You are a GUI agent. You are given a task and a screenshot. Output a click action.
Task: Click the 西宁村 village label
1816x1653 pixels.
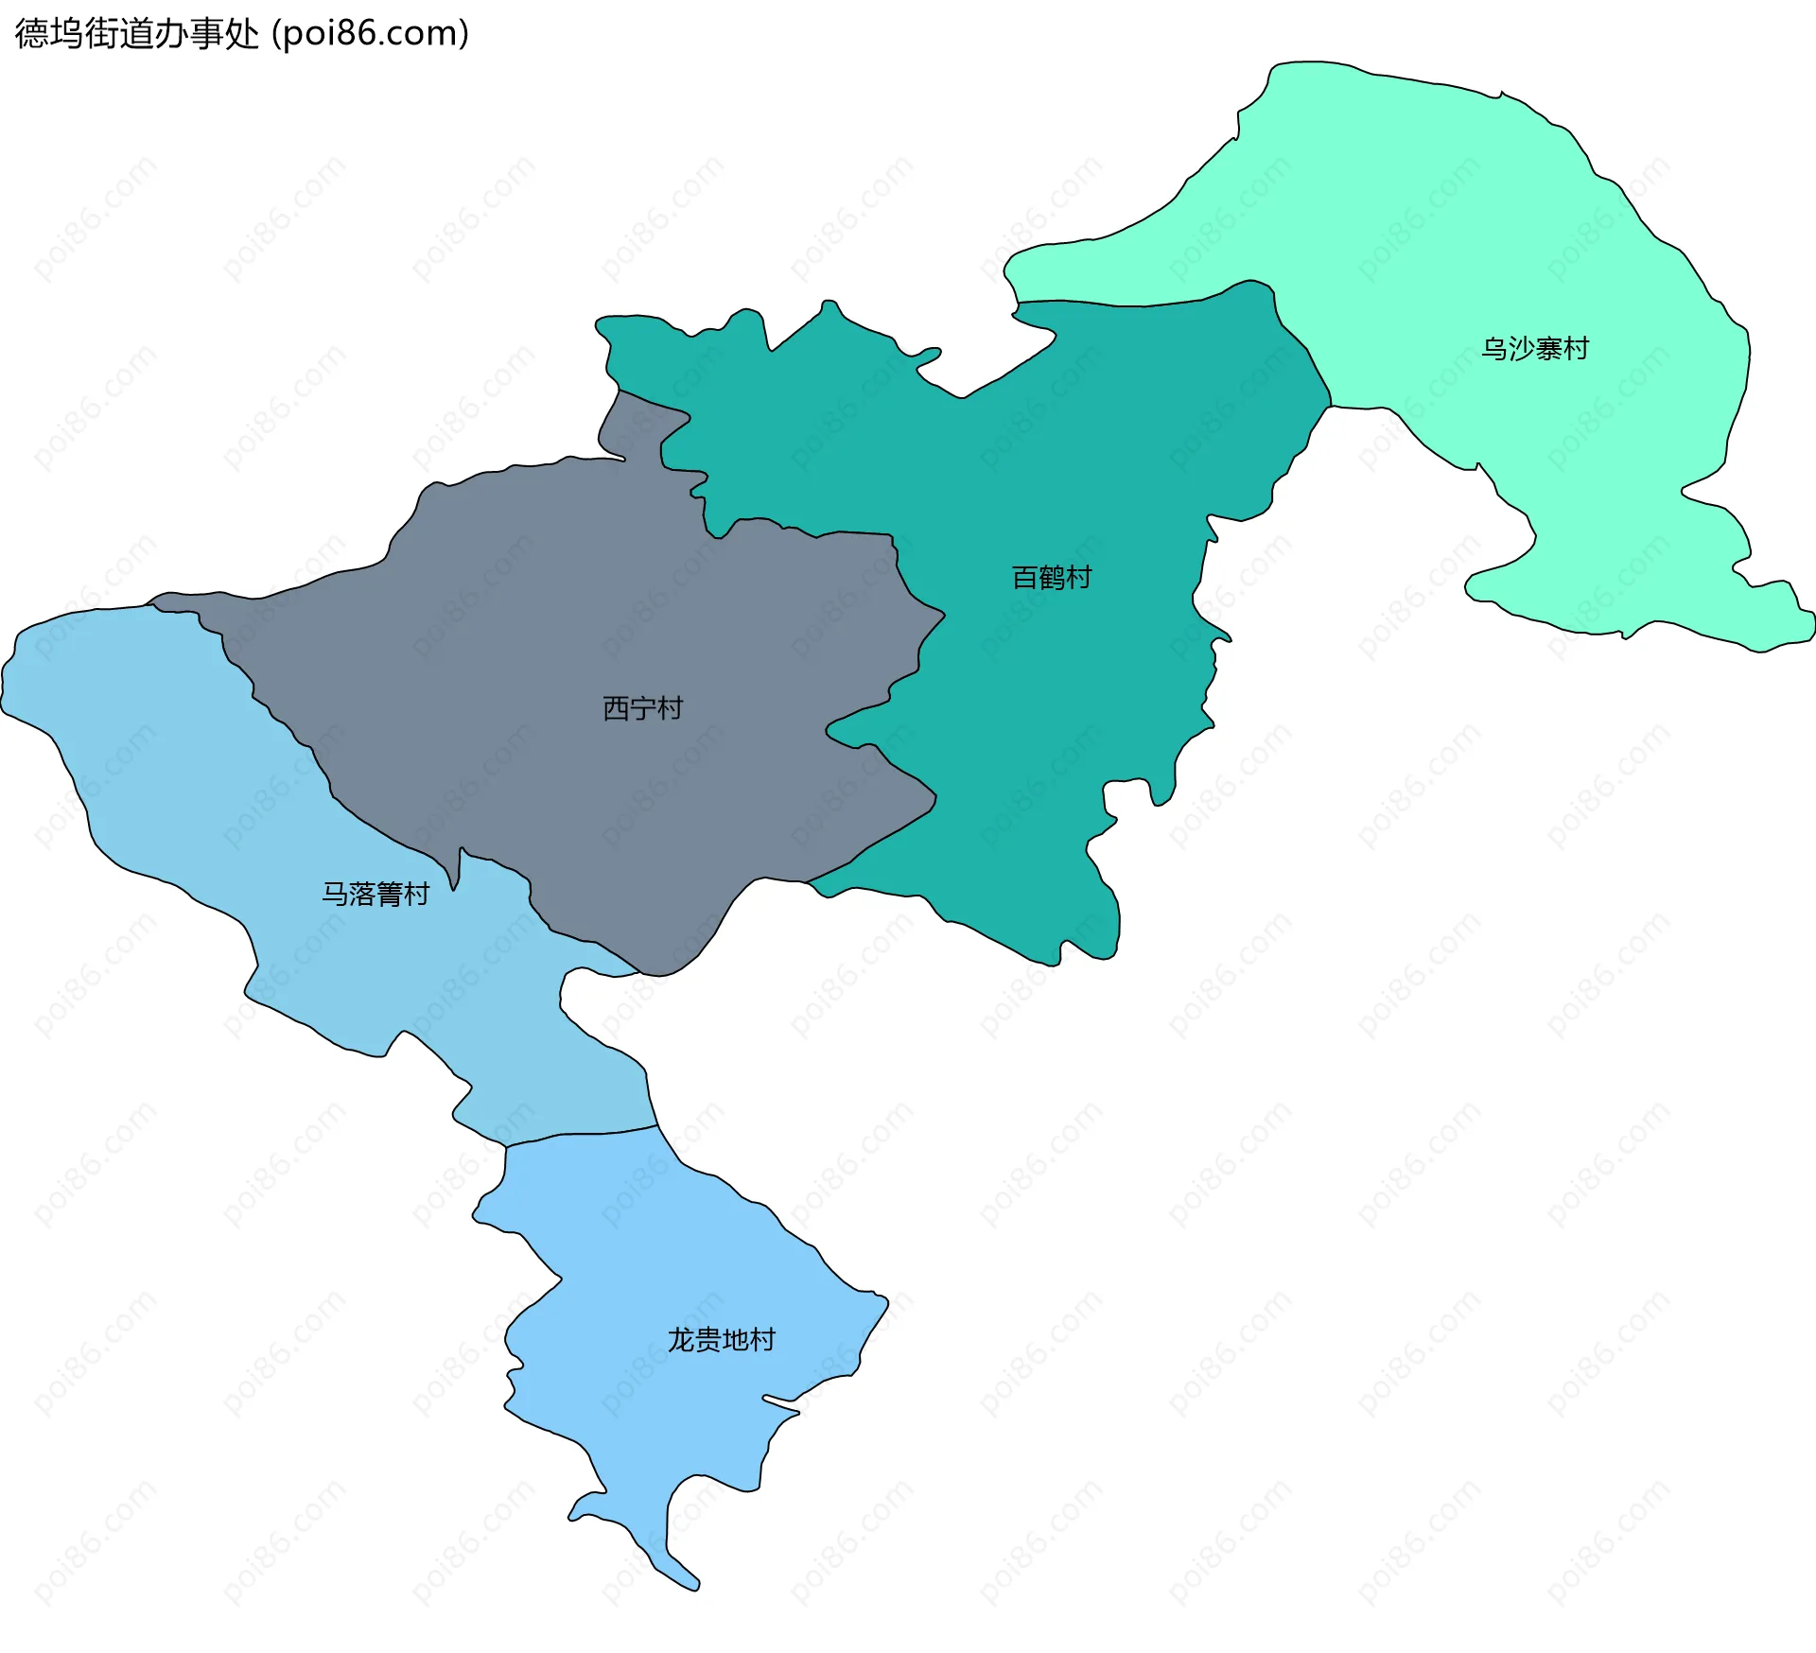(x=642, y=708)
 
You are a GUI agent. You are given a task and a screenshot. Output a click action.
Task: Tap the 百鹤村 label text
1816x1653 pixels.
(x=1052, y=577)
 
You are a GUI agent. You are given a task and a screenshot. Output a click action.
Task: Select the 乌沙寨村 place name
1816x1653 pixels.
(x=1534, y=349)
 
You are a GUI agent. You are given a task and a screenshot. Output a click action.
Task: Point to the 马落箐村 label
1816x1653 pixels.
(x=375, y=894)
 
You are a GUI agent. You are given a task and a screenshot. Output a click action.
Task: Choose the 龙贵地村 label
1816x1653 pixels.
(x=721, y=1340)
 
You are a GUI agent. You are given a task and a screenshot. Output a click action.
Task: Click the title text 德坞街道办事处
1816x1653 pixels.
(x=136, y=34)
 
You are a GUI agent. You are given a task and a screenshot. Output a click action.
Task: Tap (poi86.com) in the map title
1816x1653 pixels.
(x=371, y=34)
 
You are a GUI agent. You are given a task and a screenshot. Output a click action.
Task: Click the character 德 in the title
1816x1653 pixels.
(x=31, y=34)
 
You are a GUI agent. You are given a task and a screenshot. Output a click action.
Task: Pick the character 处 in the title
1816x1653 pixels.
(x=242, y=34)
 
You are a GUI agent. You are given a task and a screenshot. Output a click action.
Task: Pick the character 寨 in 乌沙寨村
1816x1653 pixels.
(x=1548, y=349)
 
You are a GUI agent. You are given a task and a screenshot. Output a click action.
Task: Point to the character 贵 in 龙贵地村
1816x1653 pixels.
(x=707, y=1340)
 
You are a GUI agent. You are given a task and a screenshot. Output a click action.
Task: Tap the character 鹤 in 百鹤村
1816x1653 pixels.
(x=1052, y=577)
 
